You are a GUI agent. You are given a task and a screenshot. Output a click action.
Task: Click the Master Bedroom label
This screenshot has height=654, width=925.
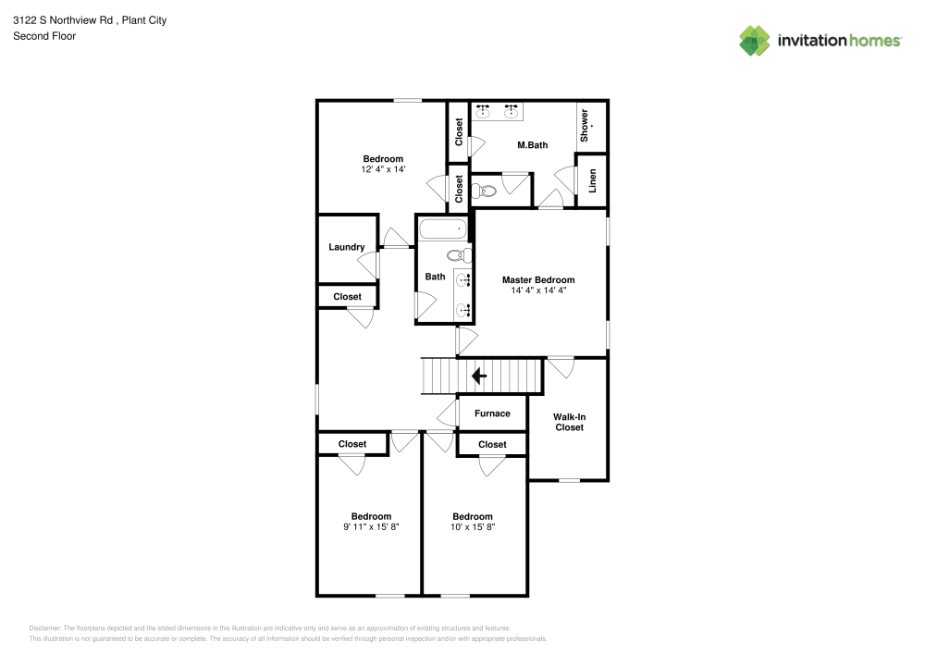coord(537,279)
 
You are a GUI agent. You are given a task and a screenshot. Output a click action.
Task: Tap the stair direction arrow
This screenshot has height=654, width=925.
coord(479,376)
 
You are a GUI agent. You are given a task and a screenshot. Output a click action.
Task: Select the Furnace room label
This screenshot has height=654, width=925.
coord(492,413)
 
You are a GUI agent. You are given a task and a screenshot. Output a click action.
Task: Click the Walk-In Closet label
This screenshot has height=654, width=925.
coord(569,422)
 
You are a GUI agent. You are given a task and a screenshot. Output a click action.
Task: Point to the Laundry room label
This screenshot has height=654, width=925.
coord(346,247)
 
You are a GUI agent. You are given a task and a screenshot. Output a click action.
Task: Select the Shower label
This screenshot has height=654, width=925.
coord(585,126)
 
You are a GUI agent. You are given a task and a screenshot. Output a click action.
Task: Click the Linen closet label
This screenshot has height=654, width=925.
coord(593,180)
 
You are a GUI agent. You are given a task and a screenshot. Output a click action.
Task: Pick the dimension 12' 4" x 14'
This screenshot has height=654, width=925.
coord(383,170)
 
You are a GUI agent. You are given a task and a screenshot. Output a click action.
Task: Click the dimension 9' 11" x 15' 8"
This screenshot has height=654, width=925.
coord(371,527)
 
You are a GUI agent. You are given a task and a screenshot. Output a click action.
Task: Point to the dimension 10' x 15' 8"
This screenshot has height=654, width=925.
coord(472,527)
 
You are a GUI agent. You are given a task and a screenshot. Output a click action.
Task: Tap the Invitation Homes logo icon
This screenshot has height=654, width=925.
coord(755,40)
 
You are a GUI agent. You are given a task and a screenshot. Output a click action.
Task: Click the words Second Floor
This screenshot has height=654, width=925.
coord(44,36)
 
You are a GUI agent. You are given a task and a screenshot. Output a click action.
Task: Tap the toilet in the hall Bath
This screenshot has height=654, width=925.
coord(457,255)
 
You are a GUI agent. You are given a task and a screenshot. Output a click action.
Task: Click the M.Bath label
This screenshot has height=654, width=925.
coord(532,145)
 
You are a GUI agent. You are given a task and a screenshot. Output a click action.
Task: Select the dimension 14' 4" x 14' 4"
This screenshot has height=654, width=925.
coord(538,290)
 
